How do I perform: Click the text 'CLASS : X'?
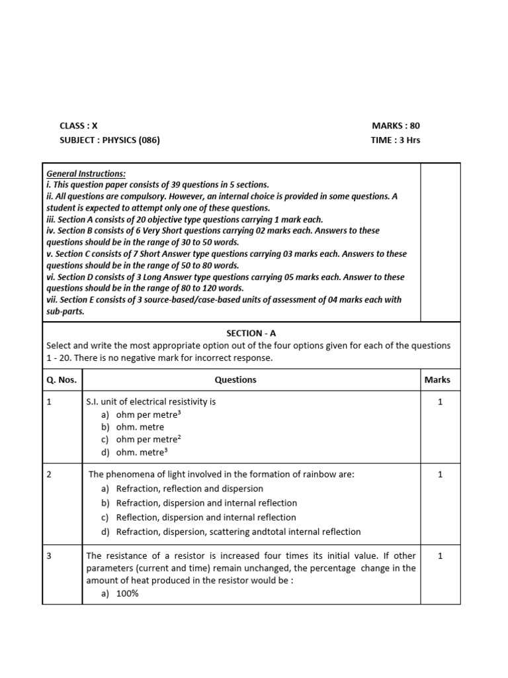coord(78,126)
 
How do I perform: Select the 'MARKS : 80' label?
coord(396,126)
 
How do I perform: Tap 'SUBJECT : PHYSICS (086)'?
coord(109,140)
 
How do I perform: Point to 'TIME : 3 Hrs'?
coord(396,140)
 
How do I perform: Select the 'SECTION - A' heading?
coord(251,334)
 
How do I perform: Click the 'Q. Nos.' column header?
coord(62,380)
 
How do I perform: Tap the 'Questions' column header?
coord(235,380)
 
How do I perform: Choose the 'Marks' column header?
coord(437,380)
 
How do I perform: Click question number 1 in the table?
coord(50,402)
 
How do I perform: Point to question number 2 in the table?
coord(50,475)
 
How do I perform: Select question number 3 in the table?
coord(50,556)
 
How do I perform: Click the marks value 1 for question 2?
coord(441,475)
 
